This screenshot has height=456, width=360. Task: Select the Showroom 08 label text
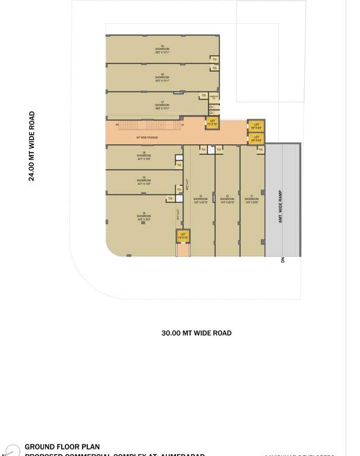click(x=162, y=77)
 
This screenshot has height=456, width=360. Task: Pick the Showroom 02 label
click(x=228, y=199)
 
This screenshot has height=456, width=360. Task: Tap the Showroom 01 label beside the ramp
click(x=252, y=199)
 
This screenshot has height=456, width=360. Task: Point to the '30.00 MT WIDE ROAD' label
click(x=197, y=333)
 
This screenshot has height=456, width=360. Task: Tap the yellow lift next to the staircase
click(x=212, y=123)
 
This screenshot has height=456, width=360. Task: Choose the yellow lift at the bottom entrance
click(x=184, y=236)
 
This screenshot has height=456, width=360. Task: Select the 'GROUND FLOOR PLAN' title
click(x=62, y=446)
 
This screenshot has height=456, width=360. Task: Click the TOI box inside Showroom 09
click(x=214, y=59)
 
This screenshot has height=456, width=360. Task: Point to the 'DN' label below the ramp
click(x=283, y=259)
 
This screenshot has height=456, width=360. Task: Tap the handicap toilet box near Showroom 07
click(x=214, y=96)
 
